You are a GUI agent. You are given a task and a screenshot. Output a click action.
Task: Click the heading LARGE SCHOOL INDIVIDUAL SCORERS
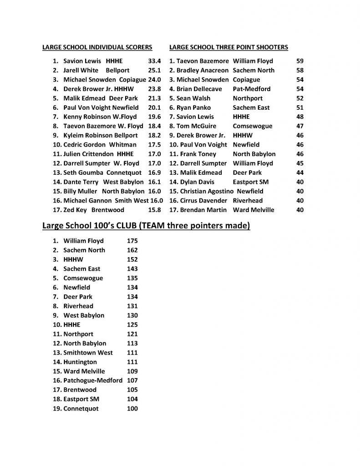pos(97,47)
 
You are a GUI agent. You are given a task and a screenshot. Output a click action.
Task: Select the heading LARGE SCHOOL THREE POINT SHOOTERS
pos(228,47)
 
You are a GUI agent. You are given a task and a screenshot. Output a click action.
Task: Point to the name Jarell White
pos(81,71)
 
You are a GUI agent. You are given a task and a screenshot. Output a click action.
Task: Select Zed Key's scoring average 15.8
pos(155,210)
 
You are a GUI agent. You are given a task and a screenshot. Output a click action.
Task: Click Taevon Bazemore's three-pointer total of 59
pos(299,61)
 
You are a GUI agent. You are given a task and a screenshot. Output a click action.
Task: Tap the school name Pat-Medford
pos(252,89)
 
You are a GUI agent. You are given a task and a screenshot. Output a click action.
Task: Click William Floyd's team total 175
pos(132,241)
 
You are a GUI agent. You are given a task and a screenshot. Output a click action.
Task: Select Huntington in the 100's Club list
pos(80,362)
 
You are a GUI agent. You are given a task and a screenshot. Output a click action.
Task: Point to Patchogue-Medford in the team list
pos(93,380)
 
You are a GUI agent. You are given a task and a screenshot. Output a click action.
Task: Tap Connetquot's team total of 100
pos(132,409)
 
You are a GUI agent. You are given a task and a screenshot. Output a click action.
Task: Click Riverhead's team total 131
pos(132,306)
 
